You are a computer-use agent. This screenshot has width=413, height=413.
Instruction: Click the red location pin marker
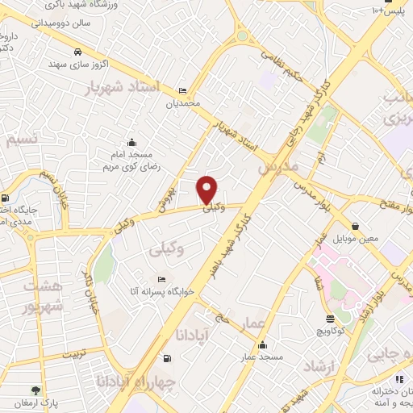(x=208, y=190)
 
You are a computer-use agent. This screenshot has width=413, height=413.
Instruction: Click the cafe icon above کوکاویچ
(x=330, y=319)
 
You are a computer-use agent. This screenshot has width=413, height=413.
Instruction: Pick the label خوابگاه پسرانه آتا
(x=162, y=292)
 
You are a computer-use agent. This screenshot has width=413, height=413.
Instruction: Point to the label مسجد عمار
(x=261, y=356)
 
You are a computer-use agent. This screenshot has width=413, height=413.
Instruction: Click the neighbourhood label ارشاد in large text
(x=319, y=367)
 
